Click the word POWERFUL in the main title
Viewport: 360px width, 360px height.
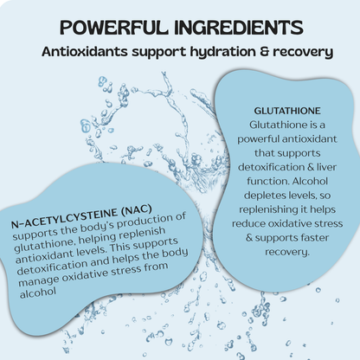pyautogui.click(x=114, y=28)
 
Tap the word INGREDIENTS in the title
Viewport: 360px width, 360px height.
pyautogui.click(x=239, y=28)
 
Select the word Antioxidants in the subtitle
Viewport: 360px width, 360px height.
pyautogui.click(x=85, y=52)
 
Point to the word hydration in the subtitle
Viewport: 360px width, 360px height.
pyautogui.click(x=223, y=52)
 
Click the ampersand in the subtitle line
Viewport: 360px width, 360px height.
pyautogui.click(x=264, y=52)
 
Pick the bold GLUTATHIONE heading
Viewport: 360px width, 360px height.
pyautogui.click(x=287, y=111)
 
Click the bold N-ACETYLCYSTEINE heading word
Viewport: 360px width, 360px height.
pyautogui.click(x=64, y=218)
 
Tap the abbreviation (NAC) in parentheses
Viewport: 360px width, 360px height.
pyautogui.click(x=137, y=210)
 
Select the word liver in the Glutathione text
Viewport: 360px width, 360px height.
pyautogui.click(x=326, y=167)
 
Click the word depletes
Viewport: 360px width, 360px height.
pyautogui.click(x=265, y=196)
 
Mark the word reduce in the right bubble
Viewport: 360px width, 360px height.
pyautogui.click(x=248, y=224)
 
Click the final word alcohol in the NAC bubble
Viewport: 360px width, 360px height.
pyautogui.click(x=38, y=292)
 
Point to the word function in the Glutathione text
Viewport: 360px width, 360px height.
pyautogui.click(x=268, y=182)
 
